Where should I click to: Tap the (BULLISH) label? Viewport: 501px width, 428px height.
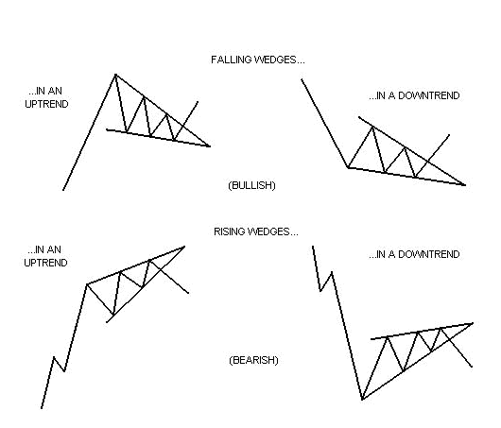tap(251, 185)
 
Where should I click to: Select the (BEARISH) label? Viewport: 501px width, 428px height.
tap(253, 360)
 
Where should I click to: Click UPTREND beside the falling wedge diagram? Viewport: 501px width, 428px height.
tap(46, 104)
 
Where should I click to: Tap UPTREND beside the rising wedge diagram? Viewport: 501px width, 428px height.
tap(45, 263)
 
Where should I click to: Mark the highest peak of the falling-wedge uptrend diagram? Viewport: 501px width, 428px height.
tap(115, 75)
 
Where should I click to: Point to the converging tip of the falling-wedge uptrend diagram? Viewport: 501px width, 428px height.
tap(209, 146)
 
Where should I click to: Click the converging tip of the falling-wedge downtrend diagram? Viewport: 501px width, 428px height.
tap(464, 184)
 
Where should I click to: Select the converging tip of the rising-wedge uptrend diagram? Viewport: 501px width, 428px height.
tap(184, 247)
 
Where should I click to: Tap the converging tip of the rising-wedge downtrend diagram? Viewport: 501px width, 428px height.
tap(473, 323)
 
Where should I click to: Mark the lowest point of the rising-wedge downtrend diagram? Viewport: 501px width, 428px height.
tap(362, 400)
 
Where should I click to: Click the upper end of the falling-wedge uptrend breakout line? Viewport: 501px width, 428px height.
tap(198, 102)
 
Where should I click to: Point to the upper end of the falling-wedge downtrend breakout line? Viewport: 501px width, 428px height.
tap(449, 135)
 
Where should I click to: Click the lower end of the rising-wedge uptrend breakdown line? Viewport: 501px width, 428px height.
tap(188, 293)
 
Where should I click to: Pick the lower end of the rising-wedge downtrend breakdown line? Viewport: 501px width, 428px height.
tap(472, 367)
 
